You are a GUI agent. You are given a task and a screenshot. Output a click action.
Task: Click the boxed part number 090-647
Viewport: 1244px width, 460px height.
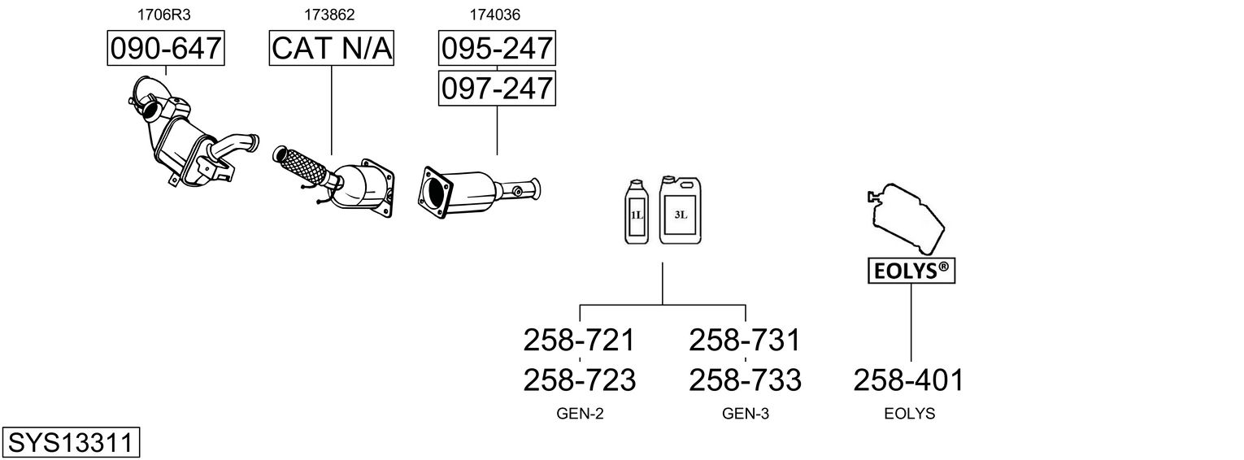pos(166,49)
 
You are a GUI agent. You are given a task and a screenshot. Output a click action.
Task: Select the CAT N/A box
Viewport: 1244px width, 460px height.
pos(332,49)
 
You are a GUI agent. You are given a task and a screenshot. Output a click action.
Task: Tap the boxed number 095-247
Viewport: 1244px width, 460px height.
pos(497,49)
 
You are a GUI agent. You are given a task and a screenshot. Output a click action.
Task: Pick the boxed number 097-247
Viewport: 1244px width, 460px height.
pos(497,88)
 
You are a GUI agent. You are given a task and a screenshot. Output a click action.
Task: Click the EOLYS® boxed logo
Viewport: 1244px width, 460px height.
pos(911,271)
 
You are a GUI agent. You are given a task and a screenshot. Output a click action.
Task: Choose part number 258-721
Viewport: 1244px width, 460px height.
pos(579,340)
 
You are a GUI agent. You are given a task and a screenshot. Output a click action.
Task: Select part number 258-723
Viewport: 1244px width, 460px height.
pos(579,380)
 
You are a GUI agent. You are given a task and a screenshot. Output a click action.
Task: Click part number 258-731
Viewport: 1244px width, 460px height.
pos(745,340)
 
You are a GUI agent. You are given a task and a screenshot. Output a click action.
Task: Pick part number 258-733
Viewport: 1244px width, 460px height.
pos(745,380)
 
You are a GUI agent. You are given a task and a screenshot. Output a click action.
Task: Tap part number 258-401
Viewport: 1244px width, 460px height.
pos(909,380)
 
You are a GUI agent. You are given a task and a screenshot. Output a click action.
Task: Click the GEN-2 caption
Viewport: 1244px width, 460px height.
pos(580,414)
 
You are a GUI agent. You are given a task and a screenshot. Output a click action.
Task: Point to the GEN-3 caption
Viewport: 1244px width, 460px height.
pos(746,414)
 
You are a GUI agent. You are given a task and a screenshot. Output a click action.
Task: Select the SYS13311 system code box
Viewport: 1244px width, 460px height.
pos(71,444)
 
